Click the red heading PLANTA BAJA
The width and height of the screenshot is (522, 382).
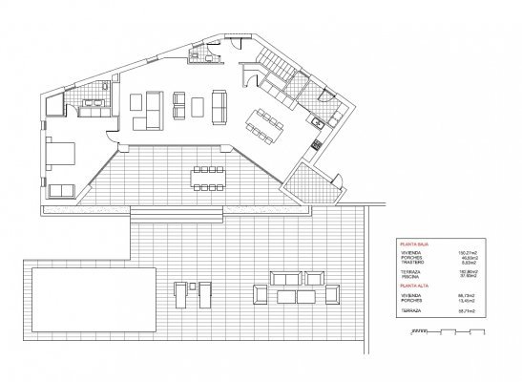415,245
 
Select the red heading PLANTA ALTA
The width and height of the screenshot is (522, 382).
415,286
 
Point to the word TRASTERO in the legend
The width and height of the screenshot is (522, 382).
415,263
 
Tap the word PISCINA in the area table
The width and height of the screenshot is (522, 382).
414,278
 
